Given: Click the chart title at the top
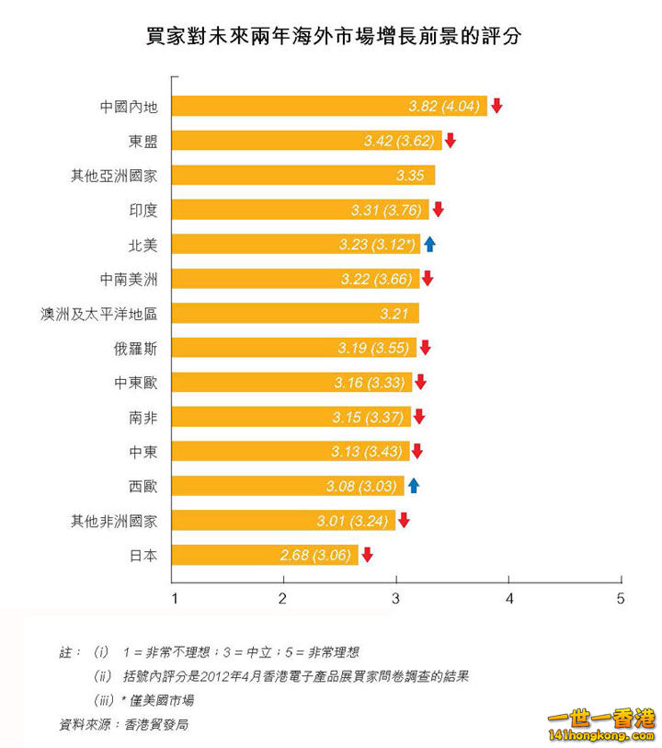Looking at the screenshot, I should [x=332, y=37].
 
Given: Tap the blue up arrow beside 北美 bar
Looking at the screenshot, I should [x=429, y=244].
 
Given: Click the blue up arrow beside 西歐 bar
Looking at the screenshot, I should [x=414, y=486].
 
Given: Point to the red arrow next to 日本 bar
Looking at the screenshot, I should [x=367, y=555].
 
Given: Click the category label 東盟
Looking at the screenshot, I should [x=143, y=141].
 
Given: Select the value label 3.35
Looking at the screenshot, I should [x=409, y=176].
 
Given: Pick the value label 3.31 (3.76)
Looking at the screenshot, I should [x=385, y=210].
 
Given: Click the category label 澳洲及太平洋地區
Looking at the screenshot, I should [x=100, y=314].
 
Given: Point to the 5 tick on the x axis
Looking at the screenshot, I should [x=621, y=599].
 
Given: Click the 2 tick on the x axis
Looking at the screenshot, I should [x=283, y=599].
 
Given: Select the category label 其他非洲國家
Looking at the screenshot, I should [x=115, y=521].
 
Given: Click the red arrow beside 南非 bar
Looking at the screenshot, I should [x=419, y=417].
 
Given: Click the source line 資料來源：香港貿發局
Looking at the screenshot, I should [x=124, y=724].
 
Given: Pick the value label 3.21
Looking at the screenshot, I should [x=394, y=314].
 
